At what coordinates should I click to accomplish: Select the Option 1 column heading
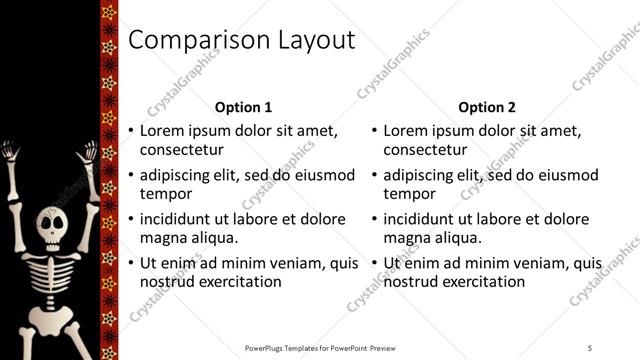(x=243, y=107)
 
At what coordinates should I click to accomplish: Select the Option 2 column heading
(x=487, y=107)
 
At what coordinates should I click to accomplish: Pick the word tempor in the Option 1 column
(x=165, y=194)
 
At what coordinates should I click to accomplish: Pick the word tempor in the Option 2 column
(x=409, y=194)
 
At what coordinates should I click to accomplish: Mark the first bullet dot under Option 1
(x=131, y=131)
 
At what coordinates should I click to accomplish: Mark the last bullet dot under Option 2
(x=375, y=263)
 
